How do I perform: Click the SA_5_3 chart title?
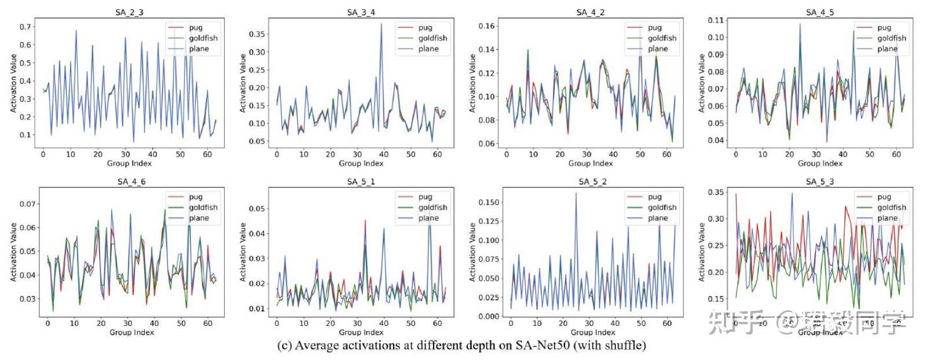tap(819, 182)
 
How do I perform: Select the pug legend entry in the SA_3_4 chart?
tap(425, 27)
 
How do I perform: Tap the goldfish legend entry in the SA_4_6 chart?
tap(203, 207)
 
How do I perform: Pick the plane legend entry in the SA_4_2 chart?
tap(657, 49)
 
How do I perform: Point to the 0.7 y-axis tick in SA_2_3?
tap(25, 27)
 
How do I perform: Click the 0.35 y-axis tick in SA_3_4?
tap(257, 34)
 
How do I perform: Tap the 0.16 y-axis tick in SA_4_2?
tap(486, 26)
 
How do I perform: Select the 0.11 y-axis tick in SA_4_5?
tap(716, 20)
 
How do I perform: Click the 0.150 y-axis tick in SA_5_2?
tap(488, 202)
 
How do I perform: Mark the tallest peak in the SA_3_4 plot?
tap(381, 24)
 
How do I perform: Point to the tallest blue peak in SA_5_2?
tap(576, 193)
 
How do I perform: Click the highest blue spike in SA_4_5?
tap(800, 24)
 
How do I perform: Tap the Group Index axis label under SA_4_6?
tap(131, 332)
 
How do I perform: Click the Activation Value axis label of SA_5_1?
tap(243, 252)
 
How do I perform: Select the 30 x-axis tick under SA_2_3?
tap(125, 154)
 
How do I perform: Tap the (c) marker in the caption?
tap(284, 346)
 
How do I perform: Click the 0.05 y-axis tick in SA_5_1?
tap(257, 208)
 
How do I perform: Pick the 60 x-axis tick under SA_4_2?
tap(667, 154)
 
